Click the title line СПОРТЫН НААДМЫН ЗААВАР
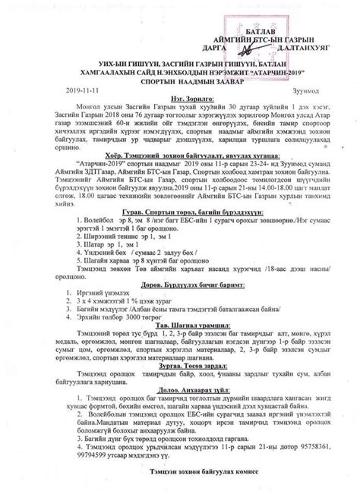click(x=180, y=78)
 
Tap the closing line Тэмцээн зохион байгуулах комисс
click(x=180, y=489)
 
